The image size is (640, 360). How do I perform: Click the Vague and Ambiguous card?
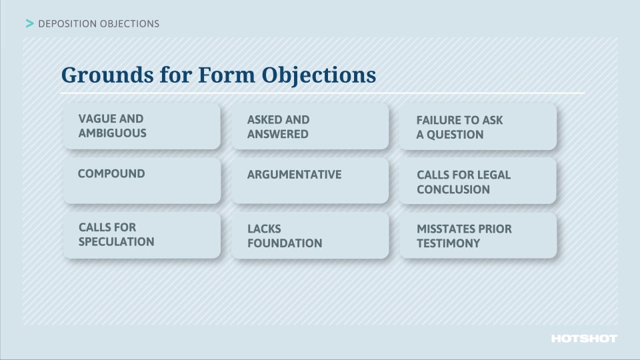[x=141, y=126]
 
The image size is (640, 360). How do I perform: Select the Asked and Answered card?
[x=310, y=127]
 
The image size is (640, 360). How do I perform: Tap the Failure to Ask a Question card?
[x=478, y=127]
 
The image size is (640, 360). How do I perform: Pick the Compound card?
[x=141, y=181]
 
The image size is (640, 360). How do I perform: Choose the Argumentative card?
[x=310, y=181]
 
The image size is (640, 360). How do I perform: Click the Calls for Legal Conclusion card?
[x=478, y=181]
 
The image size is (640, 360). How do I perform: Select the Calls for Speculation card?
[x=141, y=235]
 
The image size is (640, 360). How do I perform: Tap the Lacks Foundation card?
[x=310, y=236]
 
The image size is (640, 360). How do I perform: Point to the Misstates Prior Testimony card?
[x=478, y=236]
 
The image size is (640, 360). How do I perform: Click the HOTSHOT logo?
[x=584, y=339]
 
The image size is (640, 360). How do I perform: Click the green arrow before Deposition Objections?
[x=29, y=24]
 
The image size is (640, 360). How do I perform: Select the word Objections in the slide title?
[x=319, y=75]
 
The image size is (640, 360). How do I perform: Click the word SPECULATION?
[x=116, y=242]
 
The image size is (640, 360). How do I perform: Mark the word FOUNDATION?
[x=285, y=243]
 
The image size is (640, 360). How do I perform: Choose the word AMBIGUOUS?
[x=112, y=133]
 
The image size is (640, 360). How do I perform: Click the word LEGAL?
[x=494, y=175]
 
